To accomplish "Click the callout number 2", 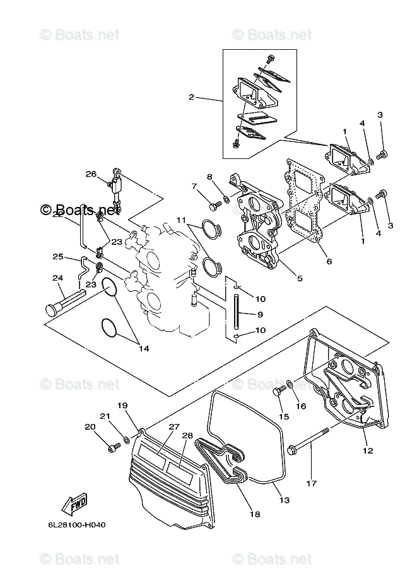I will click(x=191, y=97).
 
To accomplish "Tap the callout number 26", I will click(x=91, y=174).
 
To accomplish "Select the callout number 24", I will click(x=57, y=278).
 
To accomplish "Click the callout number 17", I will click(x=310, y=484).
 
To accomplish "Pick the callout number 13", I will click(x=285, y=500).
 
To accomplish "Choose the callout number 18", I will click(x=254, y=514).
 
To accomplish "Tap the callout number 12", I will click(x=368, y=450).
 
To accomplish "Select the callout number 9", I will click(x=261, y=314).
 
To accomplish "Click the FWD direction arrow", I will click(x=75, y=505).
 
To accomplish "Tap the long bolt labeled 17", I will click(x=309, y=440).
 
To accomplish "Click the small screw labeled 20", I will click(x=114, y=447).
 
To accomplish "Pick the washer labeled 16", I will click(x=289, y=382).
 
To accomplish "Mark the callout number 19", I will click(x=122, y=405).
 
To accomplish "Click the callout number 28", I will click(x=187, y=435).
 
